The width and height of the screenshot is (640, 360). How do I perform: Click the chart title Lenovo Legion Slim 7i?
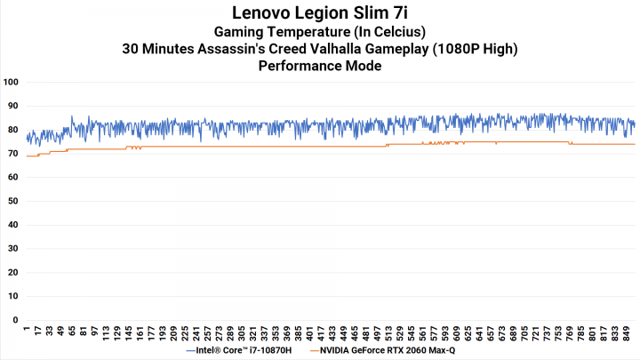[320, 13]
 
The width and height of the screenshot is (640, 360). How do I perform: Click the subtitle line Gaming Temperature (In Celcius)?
[320, 32]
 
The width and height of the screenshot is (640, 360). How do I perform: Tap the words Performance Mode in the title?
[320, 66]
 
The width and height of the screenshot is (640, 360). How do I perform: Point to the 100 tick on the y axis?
[12, 82]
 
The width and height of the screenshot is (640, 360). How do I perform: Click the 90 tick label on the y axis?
[12, 106]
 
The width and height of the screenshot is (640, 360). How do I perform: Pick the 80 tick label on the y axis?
[12, 130]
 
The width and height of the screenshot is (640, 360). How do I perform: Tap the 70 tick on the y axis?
[12, 154]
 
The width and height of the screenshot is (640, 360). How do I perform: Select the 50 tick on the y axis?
[12, 201]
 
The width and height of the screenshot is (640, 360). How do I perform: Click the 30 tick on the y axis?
[12, 249]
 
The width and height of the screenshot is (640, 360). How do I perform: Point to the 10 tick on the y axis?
[12, 296]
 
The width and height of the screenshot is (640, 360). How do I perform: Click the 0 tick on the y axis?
[15, 320]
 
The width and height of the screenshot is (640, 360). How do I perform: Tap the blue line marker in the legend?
[193, 351]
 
